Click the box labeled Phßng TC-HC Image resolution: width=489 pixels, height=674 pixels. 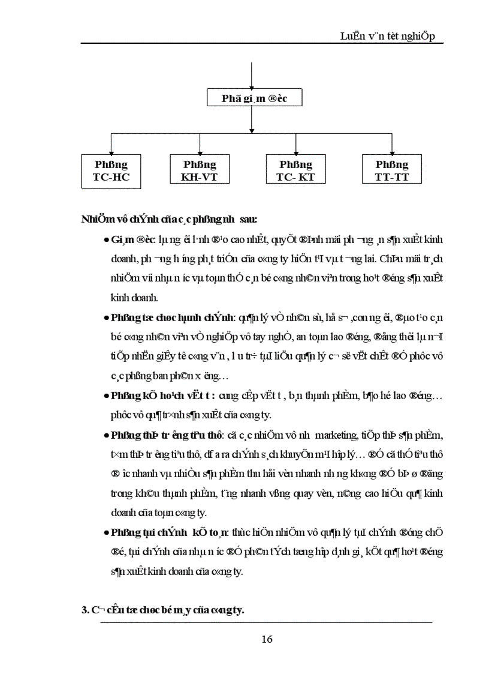pyautogui.click(x=111, y=170)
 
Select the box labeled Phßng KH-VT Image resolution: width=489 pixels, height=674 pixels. pyautogui.click(x=200, y=170)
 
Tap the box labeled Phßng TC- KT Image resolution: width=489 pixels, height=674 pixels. pyautogui.click(x=295, y=170)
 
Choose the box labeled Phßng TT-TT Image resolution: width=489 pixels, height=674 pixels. pyautogui.click(x=392, y=170)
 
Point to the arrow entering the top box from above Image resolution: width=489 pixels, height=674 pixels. pyautogui.click(x=252, y=85)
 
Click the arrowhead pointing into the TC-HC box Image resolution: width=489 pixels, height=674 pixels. pyautogui.click(x=111, y=151)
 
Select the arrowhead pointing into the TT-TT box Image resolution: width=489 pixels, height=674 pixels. pyautogui.click(x=392, y=151)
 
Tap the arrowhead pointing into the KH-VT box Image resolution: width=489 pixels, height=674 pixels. pyautogui.click(x=200, y=151)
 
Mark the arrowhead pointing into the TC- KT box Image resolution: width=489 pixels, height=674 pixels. pyautogui.click(x=296, y=151)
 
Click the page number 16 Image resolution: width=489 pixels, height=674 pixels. pyautogui.click(x=267, y=639)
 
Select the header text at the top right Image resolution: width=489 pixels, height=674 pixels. pyautogui.click(x=391, y=37)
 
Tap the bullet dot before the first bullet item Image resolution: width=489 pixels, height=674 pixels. pyautogui.click(x=106, y=240)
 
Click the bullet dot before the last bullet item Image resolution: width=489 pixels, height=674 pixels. pyautogui.click(x=106, y=532)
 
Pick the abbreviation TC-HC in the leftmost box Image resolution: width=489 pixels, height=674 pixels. pyautogui.click(x=111, y=177)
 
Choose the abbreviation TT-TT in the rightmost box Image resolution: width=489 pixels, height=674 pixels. pyautogui.click(x=392, y=177)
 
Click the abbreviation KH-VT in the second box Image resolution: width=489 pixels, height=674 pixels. pyautogui.click(x=200, y=177)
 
